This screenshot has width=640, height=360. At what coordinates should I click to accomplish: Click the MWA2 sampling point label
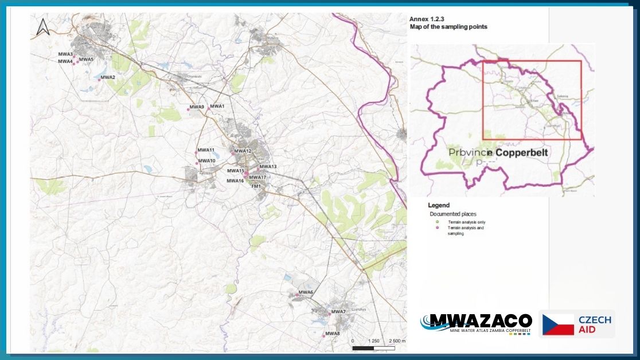pos(108,77)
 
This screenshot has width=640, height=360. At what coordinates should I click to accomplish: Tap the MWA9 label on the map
pos(197,107)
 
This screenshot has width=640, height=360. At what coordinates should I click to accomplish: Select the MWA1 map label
pos(217,107)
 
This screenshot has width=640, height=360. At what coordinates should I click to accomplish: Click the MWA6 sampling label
pos(305,292)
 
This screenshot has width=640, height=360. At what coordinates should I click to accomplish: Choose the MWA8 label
pos(333,334)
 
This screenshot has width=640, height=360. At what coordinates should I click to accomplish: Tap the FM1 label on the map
pos(256,186)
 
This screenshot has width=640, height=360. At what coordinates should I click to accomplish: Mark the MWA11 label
pos(206,150)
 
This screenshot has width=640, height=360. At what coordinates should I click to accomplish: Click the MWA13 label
pos(268,167)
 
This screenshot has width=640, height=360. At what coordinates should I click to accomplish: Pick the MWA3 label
pos(65,54)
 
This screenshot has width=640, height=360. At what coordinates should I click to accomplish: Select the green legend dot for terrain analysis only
pos(437,222)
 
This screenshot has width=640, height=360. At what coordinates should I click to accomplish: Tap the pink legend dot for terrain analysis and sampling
pos(437,228)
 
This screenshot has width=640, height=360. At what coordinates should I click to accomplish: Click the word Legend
pos(439,205)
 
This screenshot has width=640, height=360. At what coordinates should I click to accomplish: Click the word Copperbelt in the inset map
pos(521,153)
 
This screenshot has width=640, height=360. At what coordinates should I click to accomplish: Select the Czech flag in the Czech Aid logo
pos(558,324)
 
